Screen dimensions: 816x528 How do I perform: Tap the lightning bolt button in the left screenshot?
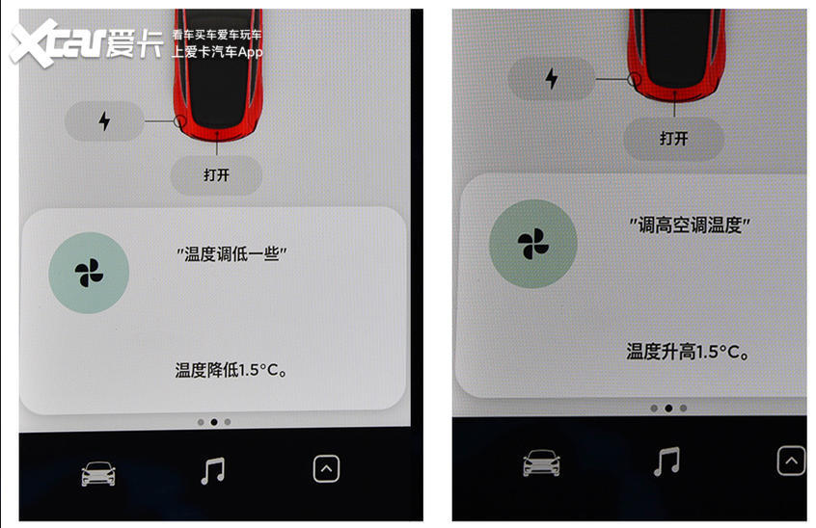(x=104, y=121)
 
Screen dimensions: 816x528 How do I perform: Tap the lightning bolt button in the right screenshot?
(x=551, y=79)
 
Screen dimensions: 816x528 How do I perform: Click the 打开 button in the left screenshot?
(x=216, y=175)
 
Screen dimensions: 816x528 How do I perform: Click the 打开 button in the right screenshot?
(x=674, y=139)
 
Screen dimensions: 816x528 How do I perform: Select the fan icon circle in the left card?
(x=89, y=273)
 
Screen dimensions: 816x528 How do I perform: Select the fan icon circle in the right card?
(x=533, y=244)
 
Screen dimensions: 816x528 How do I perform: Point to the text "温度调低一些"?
(x=231, y=254)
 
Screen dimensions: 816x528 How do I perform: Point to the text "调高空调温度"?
(x=690, y=225)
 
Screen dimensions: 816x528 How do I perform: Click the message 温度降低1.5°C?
(x=231, y=370)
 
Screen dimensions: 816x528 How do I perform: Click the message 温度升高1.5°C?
(x=688, y=352)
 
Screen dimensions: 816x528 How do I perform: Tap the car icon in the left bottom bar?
(x=98, y=473)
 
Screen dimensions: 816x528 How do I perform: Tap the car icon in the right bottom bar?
(x=541, y=463)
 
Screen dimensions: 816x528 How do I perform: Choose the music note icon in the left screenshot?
(x=213, y=471)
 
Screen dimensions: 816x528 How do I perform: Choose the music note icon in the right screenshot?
(x=666, y=462)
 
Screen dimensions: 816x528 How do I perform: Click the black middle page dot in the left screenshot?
(x=214, y=422)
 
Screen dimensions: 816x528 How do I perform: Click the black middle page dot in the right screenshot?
(x=668, y=409)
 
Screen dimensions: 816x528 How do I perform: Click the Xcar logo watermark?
(x=86, y=43)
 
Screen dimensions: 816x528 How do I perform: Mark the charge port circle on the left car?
(x=179, y=121)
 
